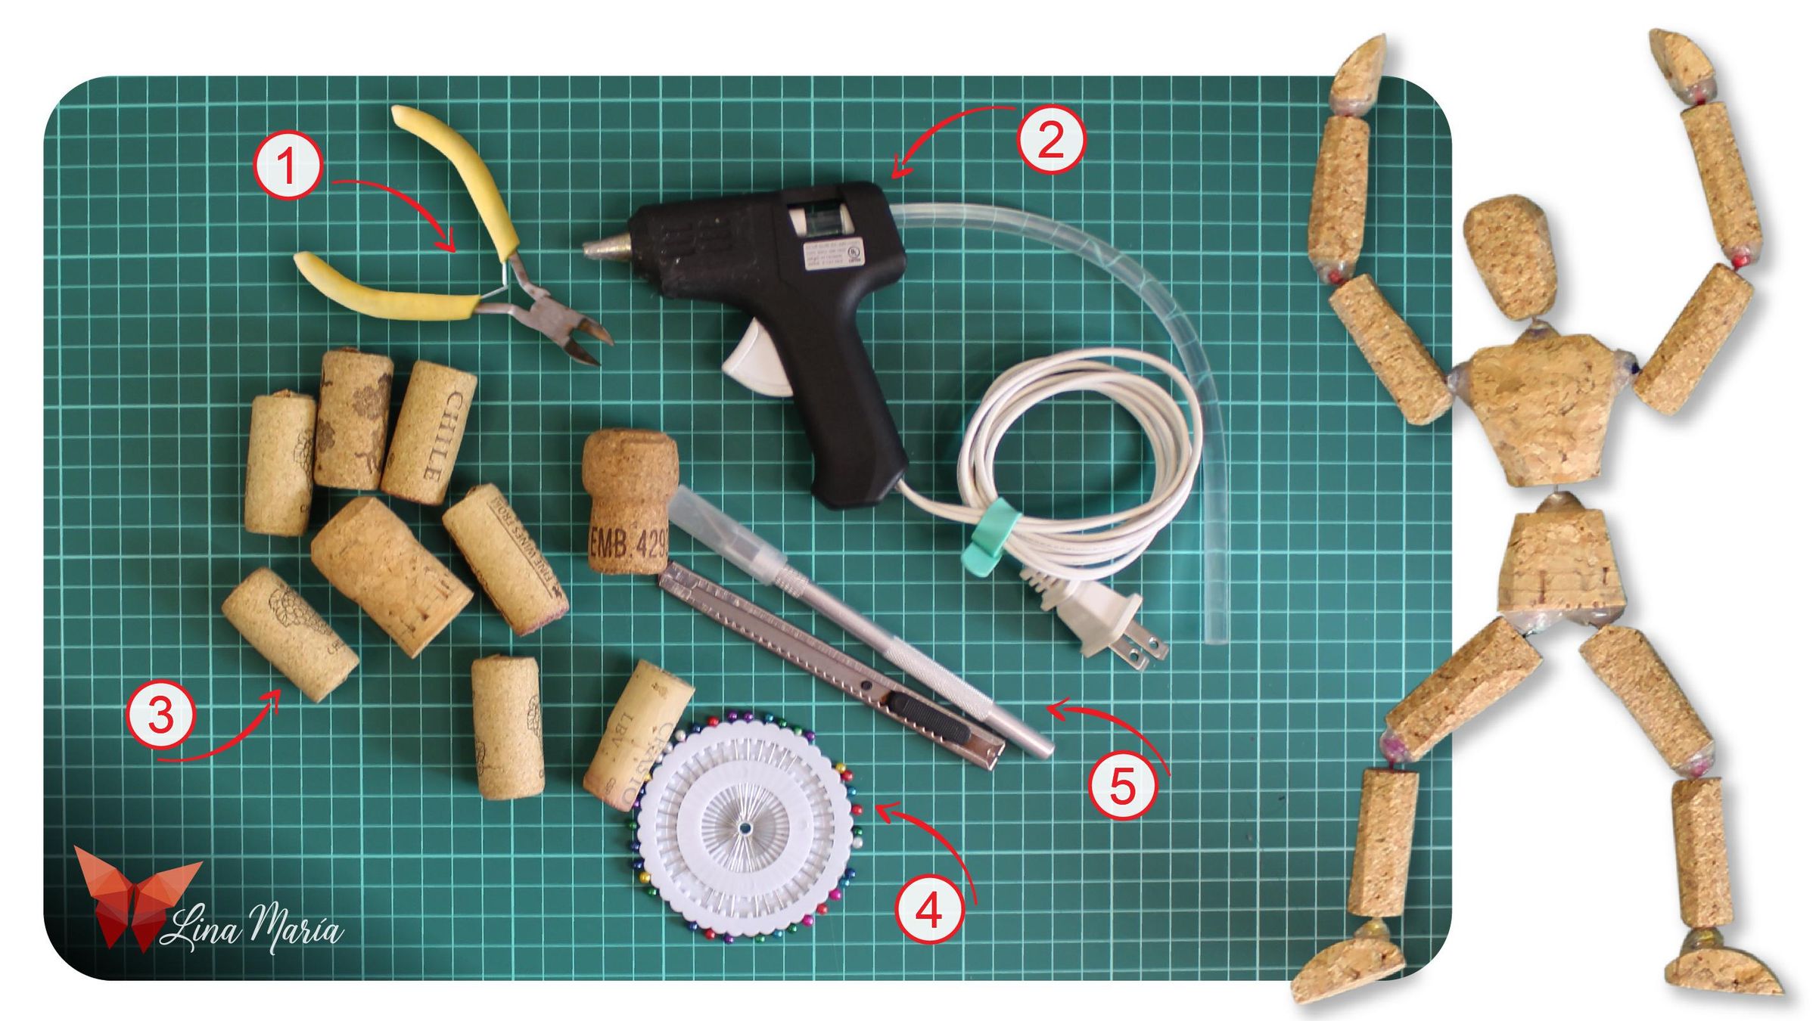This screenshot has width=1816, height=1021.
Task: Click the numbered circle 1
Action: (288, 165)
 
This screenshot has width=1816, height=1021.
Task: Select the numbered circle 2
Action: (1051, 141)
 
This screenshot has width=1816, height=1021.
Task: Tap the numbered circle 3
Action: (161, 712)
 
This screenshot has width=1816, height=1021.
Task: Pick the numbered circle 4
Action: (929, 910)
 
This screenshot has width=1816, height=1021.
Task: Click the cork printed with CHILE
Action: (430, 433)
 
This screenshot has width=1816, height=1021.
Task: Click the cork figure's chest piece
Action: (1544, 408)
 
